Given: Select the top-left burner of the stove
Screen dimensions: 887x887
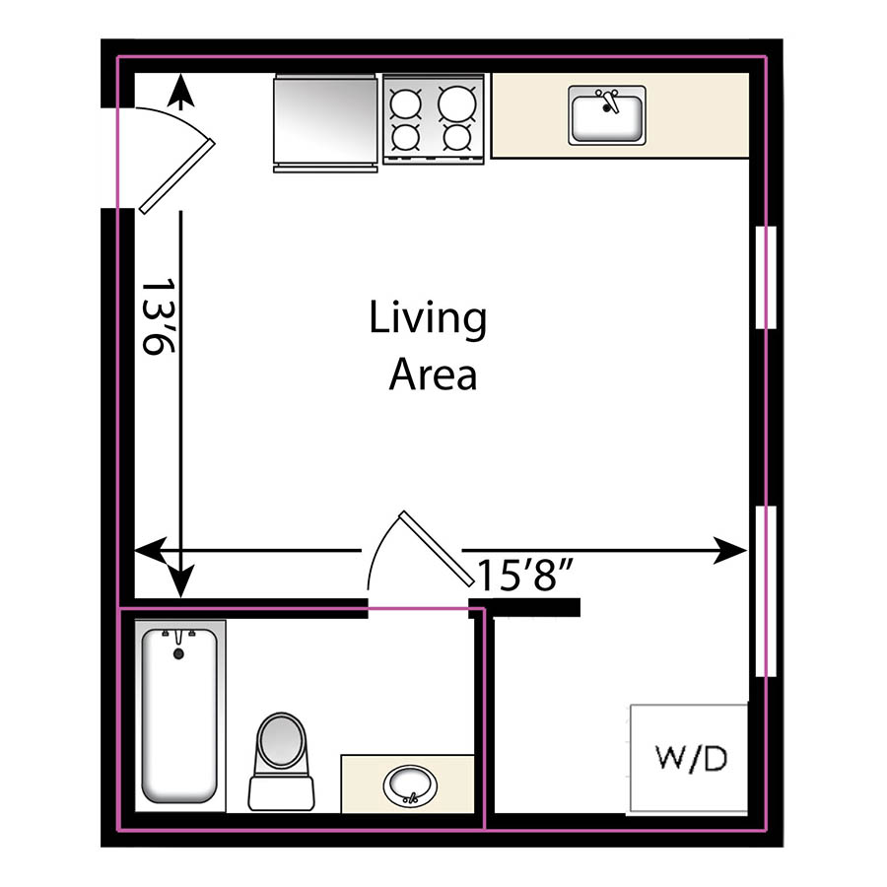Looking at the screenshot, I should coord(405,102).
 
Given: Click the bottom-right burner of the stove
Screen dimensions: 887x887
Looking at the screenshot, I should coord(455,136).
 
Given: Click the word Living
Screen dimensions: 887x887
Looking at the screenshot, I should coord(428,319).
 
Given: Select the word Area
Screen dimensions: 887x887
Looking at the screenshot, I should coord(433,375).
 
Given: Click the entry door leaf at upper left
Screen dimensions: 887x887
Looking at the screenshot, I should coord(177,175).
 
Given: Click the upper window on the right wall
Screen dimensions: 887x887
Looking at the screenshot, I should coord(765,277).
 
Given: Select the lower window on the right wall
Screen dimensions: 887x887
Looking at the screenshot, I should coord(765,590).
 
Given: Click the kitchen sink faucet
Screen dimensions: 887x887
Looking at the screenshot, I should coord(607,100).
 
